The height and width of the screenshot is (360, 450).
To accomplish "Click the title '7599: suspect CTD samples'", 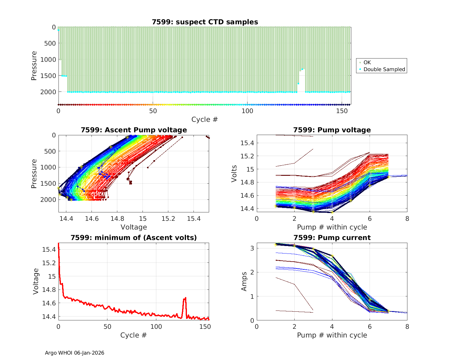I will click(x=205, y=22).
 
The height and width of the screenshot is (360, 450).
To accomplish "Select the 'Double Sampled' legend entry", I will click(x=384, y=69).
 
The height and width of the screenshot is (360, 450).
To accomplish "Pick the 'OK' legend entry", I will click(x=367, y=62).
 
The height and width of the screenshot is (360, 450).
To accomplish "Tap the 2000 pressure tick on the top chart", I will click(x=48, y=92).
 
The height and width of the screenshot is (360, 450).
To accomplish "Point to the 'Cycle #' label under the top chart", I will click(x=205, y=119).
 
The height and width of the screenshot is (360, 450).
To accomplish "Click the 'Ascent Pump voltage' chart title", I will click(x=134, y=130).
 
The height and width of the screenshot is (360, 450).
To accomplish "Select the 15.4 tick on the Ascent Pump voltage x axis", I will click(x=194, y=219).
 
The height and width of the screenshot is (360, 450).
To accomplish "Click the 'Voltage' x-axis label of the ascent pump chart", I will click(x=134, y=227).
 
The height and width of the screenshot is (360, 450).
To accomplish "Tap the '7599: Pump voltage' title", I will click(x=332, y=130).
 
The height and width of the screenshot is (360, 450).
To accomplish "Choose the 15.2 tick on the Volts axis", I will click(x=247, y=156).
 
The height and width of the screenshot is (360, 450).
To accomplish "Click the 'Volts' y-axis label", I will click(x=234, y=174).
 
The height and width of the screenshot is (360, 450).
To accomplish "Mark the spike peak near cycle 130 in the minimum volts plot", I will click(x=186, y=298).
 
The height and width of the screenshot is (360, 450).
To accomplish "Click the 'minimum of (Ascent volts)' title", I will click(x=134, y=238).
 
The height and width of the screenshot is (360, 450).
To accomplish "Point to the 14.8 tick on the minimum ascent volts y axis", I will click(x=49, y=290).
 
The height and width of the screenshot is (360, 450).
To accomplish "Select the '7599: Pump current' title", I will click(x=332, y=238).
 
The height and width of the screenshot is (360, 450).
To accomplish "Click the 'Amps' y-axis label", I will click(x=244, y=281).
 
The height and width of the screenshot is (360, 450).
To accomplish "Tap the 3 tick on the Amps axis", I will click(x=252, y=248).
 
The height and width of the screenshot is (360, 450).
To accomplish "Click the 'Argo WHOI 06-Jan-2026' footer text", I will click(x=75, y=353).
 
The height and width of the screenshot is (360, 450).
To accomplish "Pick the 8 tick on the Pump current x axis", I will click(x=407, y=327).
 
